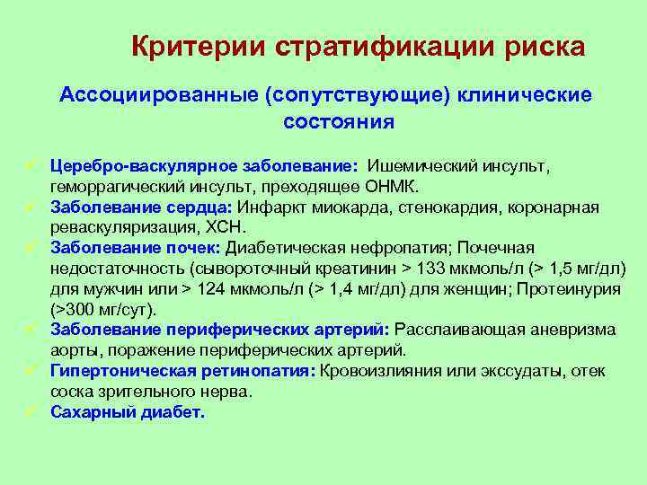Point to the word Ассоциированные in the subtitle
coord(155,94)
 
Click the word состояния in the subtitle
coord(338,120)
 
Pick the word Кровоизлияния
coord(369,371)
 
